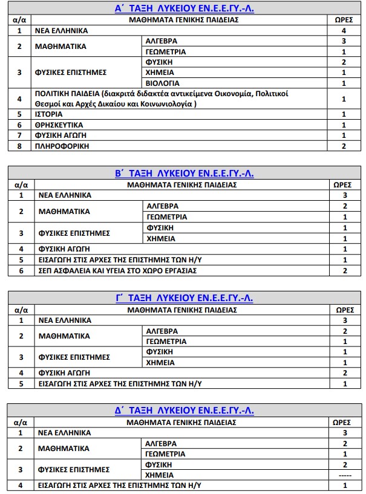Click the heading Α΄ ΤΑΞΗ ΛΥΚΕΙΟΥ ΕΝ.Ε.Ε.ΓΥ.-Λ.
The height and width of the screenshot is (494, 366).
[184, 8]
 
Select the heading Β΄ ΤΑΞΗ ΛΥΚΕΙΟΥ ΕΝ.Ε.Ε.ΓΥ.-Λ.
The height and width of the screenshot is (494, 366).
[184, 174]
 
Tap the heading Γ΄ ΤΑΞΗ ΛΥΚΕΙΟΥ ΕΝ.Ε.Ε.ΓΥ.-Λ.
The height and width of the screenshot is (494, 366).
[184, 298]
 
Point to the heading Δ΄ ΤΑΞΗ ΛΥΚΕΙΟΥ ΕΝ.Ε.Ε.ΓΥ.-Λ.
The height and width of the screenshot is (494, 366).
[184, 411]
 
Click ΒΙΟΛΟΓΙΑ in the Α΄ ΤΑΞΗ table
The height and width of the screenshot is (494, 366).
[162, 83]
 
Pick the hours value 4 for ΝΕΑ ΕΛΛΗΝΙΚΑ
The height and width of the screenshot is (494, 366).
[344, 30]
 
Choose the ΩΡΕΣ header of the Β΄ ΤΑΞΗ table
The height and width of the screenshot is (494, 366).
[344, 184]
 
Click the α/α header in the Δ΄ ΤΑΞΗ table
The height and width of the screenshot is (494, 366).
[21, 422]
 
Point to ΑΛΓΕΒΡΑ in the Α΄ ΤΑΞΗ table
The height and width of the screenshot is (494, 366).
[162, 41]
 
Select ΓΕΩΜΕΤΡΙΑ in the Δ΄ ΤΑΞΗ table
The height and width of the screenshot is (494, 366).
[165, 453]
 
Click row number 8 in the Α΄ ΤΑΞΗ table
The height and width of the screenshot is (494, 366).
[20, 146]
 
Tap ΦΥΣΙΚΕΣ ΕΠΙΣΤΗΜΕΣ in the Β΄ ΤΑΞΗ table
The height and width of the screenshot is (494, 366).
[74, 233]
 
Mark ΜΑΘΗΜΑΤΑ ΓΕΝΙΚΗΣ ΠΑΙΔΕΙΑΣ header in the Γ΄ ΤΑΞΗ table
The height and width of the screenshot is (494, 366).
[183, 310]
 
